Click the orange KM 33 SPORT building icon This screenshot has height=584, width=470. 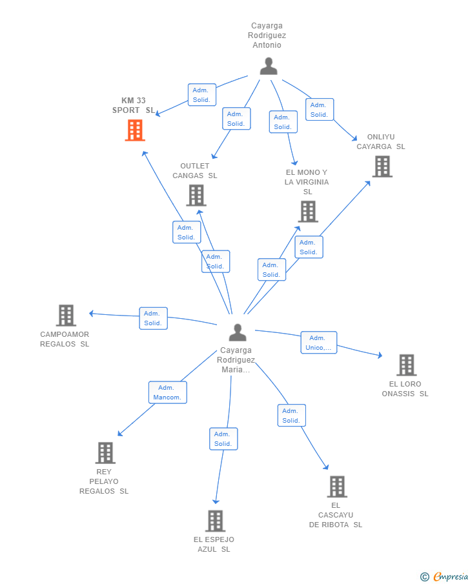pos(135,130)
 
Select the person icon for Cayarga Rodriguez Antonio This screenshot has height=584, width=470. pos(269,66)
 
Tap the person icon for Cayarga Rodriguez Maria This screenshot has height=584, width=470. pos(238,332)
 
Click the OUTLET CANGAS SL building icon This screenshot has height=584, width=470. pos(196,195)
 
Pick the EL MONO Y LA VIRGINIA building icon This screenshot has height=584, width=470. pos(308,211)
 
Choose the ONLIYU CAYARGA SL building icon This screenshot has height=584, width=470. pos(382,166)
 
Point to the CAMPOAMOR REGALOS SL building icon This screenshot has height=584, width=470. pos(66,316)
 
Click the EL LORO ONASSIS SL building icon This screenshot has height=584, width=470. pos(407,365)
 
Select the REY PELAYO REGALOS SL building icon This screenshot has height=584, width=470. pos(105,453)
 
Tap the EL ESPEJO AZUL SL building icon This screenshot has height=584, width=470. pos(216,521)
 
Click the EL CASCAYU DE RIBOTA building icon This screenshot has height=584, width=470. pos(337,487)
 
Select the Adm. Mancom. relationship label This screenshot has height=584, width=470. pos(168,392)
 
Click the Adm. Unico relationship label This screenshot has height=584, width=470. pos(319,343)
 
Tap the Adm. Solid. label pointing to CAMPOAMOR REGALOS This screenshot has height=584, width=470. pos(153,318)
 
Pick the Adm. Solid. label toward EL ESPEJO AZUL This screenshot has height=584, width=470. pos(223,439)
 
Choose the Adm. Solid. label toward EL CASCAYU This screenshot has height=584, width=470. pos(291,416)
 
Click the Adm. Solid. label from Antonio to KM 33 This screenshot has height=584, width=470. pos(202,95)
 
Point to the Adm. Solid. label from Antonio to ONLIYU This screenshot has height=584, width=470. pos(320,110)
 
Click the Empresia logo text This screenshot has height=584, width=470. pos(451,576)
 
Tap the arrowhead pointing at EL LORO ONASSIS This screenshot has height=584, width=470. pos(380,356)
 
